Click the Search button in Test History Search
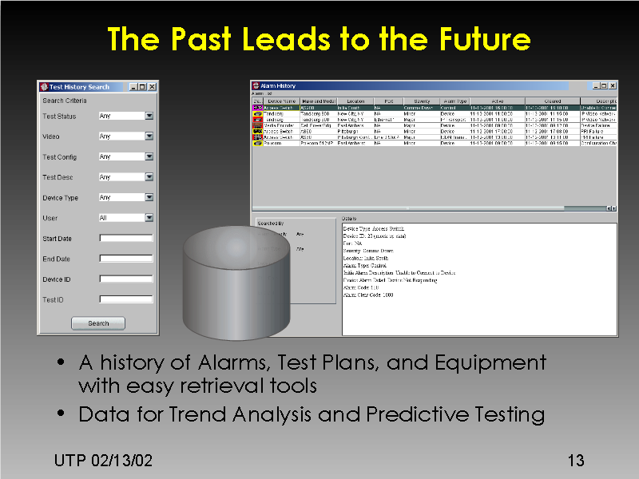[98, 323]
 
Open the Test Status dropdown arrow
[149, 116]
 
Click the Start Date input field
[125, 238]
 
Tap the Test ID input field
[125, 299]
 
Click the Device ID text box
[125, 279]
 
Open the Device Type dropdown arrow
[149, 197]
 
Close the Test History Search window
[153, 86]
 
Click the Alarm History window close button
[612, 85]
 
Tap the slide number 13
[575, 461]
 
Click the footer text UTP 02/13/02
[103, 461]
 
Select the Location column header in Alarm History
[355, 101]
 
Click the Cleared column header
[552, 101]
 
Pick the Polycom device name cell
[275, 144]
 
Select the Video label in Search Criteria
[50, 137]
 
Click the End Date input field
[125, 259]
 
